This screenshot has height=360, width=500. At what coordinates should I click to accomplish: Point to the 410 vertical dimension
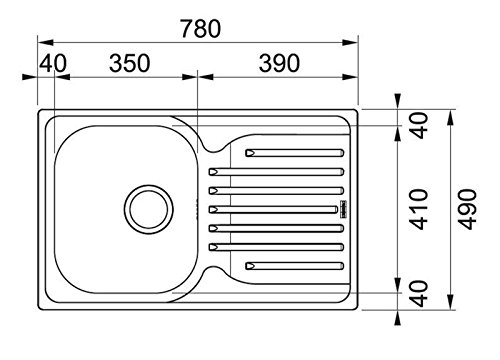[419, 209]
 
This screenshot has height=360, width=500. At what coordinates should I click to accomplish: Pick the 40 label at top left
[55, 64]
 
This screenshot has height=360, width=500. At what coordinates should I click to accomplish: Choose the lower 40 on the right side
[419, 294]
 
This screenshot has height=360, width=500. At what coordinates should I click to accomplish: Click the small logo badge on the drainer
[340, 210]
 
